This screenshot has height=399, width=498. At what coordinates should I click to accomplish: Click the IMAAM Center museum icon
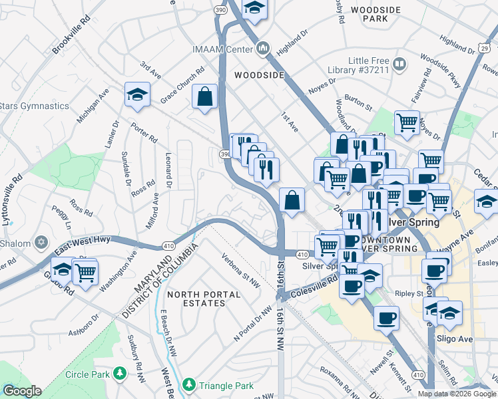click(x=263, y=49)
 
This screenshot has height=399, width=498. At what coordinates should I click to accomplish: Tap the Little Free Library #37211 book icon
click(x=399, y=65)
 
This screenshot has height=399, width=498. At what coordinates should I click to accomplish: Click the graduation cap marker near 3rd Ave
click(x=136, y=94)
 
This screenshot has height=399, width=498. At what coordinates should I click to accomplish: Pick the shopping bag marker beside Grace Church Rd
click(x=204, y=96)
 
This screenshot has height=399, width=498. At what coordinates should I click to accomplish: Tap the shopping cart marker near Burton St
click(x=407, y=122)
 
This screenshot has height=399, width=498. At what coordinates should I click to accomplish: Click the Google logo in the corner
click(x=21, y=391)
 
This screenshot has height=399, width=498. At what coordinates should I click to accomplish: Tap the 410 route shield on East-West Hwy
click(x=164, y=246)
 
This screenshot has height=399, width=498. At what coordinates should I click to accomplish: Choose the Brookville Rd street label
click(x=71, y=37)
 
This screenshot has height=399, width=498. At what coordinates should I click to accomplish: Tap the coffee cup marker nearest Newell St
click(x=385, y=319)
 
